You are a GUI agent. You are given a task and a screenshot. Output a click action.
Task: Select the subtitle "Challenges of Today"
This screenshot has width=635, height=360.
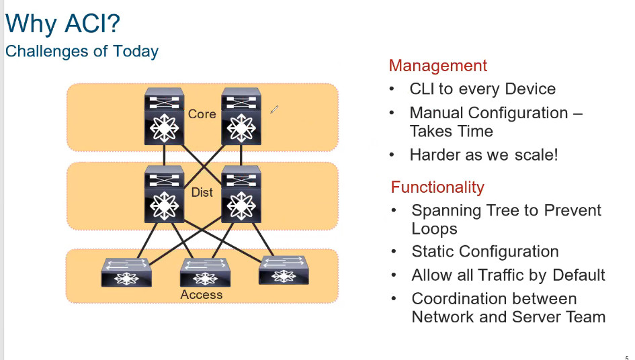point(82,52)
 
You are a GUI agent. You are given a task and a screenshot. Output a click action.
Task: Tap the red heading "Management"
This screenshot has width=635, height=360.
point(437,66)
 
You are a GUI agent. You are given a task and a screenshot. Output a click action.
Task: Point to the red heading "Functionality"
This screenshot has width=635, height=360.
point(437,187)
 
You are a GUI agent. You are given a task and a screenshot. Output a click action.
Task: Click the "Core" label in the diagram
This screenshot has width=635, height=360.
point(202,114)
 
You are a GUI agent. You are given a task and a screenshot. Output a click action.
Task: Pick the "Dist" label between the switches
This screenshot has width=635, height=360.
point(202,193)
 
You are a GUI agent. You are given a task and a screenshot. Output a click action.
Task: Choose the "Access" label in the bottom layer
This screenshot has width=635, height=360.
point(201,295)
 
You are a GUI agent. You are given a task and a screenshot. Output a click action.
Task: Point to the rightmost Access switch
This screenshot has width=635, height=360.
point(283,269)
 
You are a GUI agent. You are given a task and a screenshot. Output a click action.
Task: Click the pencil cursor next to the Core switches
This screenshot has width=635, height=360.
point(274,109)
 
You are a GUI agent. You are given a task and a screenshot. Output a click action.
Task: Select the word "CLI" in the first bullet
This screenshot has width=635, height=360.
point(423,89)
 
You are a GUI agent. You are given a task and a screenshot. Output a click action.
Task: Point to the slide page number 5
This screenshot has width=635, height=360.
point(627,357)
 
